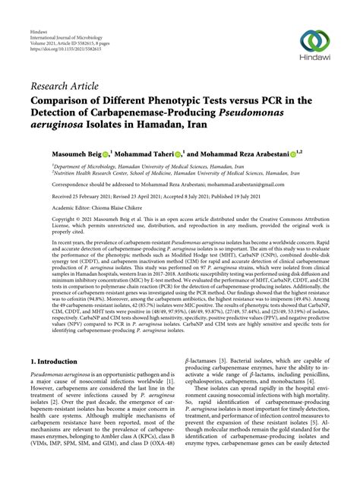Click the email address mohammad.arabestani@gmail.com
[x=255, y=182]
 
